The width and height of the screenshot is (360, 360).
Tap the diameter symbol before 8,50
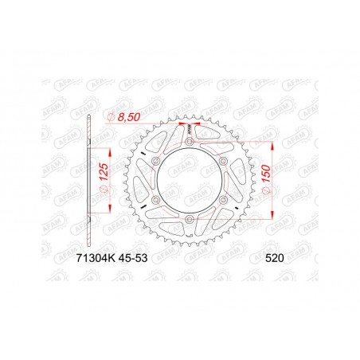point(111,117)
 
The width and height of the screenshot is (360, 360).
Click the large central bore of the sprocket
point(189,180)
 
